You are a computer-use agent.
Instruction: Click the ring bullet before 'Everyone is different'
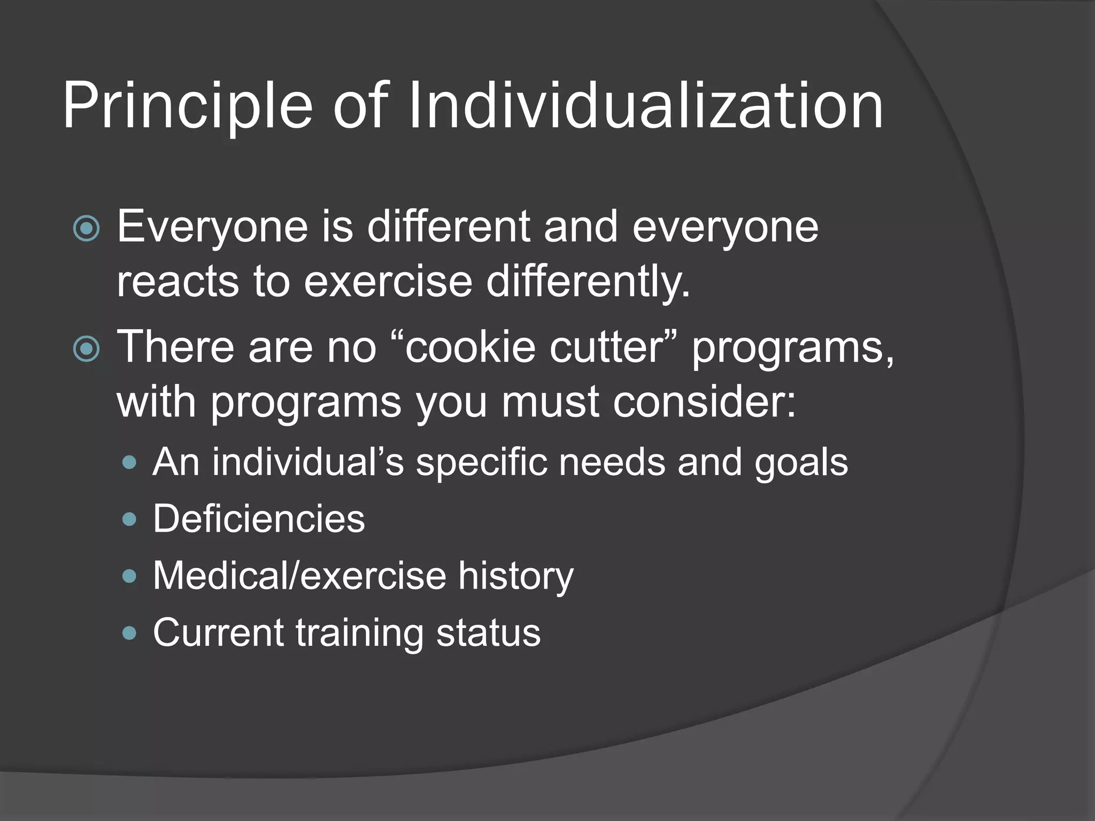coord(86,229)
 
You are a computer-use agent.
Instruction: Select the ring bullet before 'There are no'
coord(86,350)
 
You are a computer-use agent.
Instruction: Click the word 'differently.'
coord(588,282)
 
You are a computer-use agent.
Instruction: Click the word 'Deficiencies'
coord(259,518)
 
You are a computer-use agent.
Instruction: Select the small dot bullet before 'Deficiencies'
coord(129,520)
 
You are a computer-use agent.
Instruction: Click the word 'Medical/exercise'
coord(299,576)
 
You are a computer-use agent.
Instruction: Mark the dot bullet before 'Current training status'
coord(129,634)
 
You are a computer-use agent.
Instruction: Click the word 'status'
coord(488,633)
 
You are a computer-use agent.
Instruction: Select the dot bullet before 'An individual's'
coord(129,462)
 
